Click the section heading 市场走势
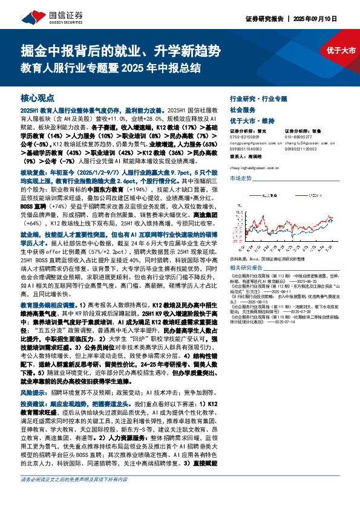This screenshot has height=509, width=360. (241, 178)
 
